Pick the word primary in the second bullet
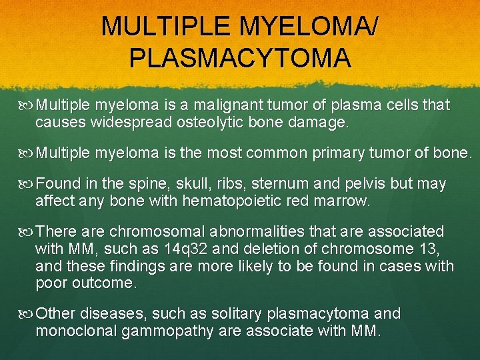point(342,153)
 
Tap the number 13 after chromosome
point(425,249)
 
